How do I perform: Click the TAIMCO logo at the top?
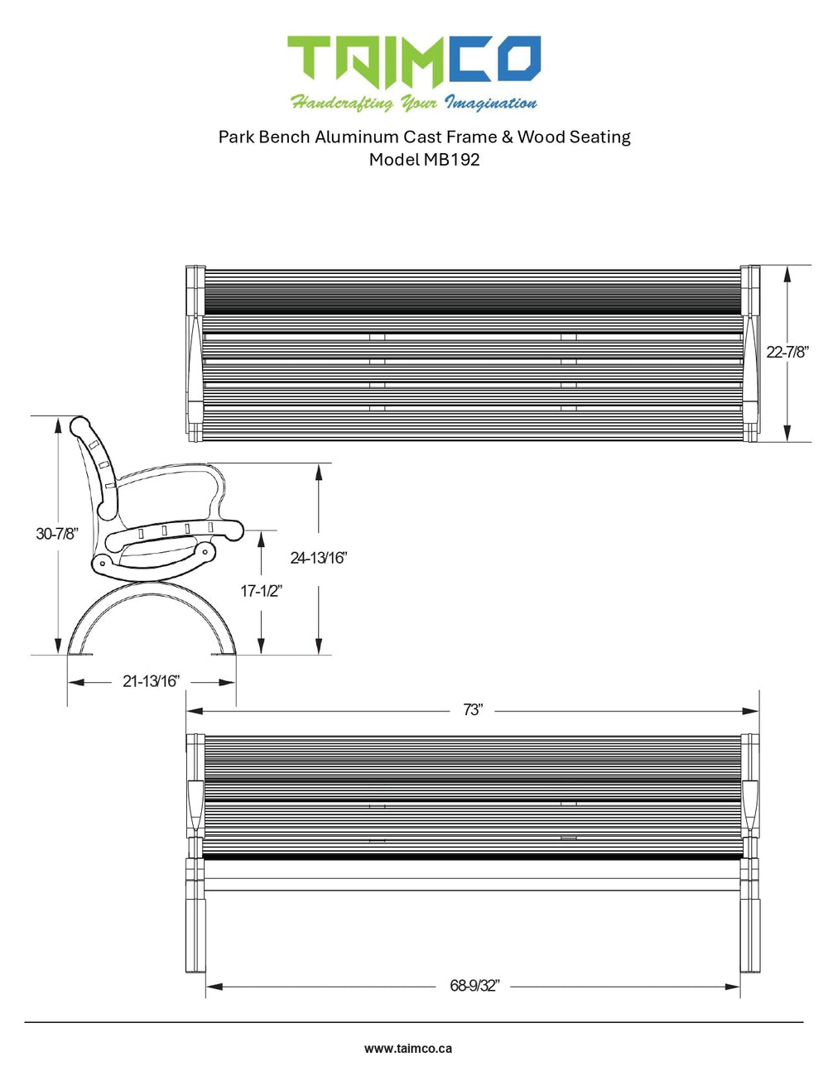[x=413, y=60]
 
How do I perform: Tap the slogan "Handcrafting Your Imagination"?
[x=413, y=103]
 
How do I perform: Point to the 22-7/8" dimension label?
[x=787, y=352]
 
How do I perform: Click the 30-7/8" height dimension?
[x=57, y=534]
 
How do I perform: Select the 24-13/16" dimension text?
[x=319, y=558]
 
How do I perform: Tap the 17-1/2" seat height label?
[x=262, y=591]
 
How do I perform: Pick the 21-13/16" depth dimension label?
[x=151, y=681]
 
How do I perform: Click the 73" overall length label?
[x=473, y=710]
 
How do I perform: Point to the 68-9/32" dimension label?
[x=474, y=986]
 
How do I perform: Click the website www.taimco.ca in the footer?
[x=408, y=1048]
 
